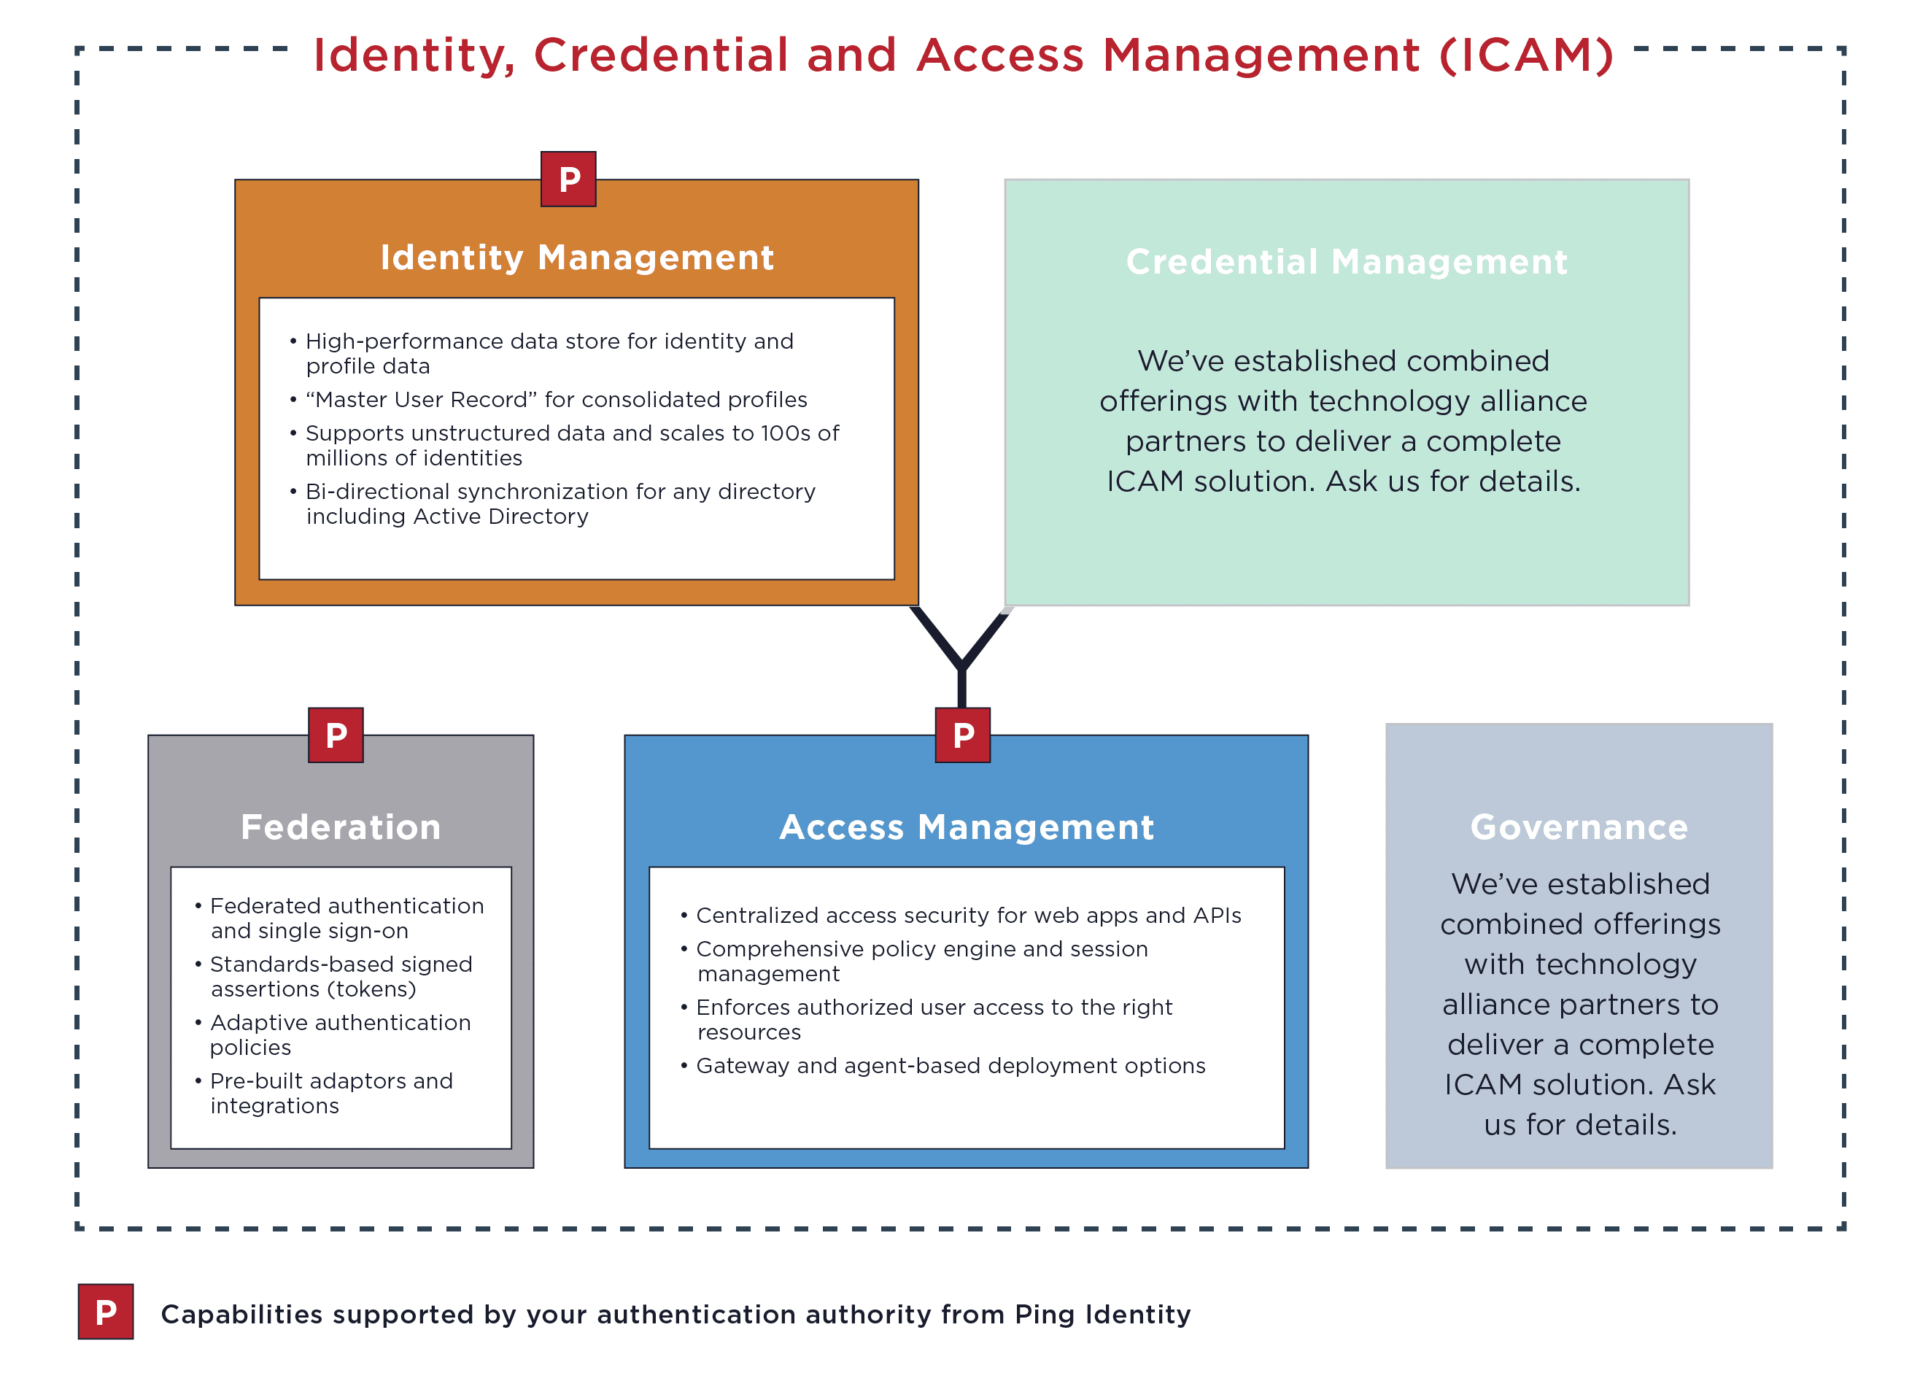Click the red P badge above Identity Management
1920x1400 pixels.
pyautogui.click(x=568, y=179)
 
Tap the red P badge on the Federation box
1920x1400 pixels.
pyautogui.click(x=336, y=735)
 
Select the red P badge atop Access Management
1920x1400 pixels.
pyautogui.click(x=961, y=735)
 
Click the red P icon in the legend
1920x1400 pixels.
pyautogui.click(x=106, y=1311)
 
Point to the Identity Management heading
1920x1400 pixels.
pyautogui.click(x=576, y=258)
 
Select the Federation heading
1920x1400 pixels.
pyautogui.click(x=341, y=827)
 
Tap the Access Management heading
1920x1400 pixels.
pyautogui.click(x=966, y=827)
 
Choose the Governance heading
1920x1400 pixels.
pyautogui.click(x=1579, y=827)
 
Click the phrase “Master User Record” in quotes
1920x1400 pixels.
pyautogui.click(x=421, y=399)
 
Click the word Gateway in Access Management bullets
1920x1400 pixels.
pyautogui.click(x=741, y=1065)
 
